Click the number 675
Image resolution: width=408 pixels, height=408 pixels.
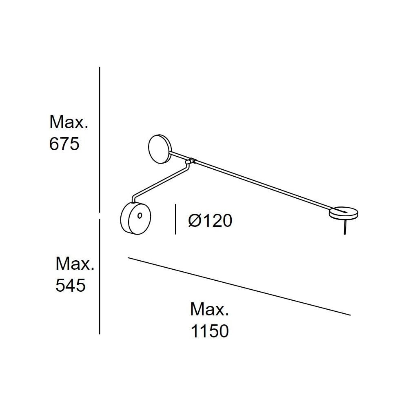[64, 144]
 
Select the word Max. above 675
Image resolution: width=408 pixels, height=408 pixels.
[69, 122]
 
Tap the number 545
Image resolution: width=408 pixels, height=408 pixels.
[71, 286]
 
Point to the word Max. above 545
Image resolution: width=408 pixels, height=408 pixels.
[75, 264]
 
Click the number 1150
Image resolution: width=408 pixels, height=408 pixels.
[210, 331]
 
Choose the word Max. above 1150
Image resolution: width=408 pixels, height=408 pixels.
[209, 310]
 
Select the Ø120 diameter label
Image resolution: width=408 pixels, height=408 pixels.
[210, 221]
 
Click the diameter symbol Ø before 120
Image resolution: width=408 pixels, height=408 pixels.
[194, 221]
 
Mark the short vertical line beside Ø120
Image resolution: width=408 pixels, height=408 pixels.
[175, 219]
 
